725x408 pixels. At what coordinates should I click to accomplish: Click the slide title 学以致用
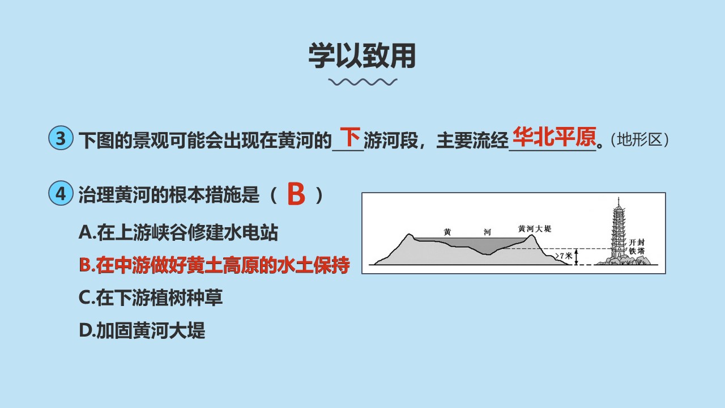coord(362,56)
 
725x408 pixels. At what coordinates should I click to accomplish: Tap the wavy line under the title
coord(362,82)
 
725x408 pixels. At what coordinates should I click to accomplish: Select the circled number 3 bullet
coord(61,138)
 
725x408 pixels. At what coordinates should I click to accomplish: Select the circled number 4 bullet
coord(61,193)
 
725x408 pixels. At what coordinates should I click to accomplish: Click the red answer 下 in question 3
coord(350,137)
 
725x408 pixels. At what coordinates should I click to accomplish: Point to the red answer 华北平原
coord(554,137)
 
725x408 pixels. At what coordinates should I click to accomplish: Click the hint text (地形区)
coord(639,140)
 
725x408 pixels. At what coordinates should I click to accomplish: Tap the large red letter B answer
coord(296,194)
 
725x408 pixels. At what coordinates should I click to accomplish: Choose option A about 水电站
coord(178,232)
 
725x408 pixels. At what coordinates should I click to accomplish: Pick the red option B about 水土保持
coord(214,265)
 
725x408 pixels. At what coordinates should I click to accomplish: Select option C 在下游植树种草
coord(151,297)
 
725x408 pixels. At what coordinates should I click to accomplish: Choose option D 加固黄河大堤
coord(142,330)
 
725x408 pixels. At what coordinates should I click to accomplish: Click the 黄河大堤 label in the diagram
coord(534,228)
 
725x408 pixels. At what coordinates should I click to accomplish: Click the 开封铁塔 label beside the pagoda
coord(637,246)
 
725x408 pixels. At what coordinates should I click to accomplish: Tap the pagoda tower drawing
coord(619,230)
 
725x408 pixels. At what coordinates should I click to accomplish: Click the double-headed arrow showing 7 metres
coord(576,257)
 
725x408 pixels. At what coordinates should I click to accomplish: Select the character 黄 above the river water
coord(447,232)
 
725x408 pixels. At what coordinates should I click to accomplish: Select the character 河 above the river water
coord(487,232)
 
